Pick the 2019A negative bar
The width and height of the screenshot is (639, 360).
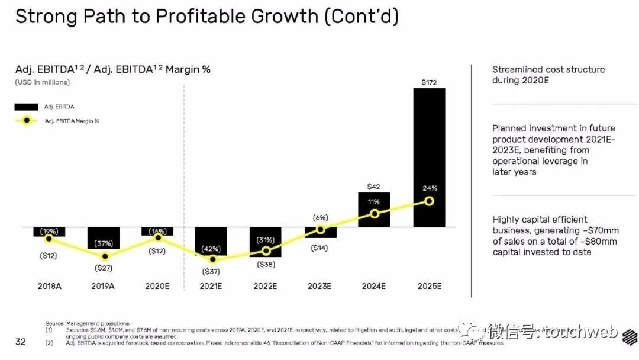click(104, 237)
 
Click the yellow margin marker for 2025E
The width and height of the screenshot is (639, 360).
click(429, 201)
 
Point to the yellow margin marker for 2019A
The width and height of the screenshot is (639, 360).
click(105, 256)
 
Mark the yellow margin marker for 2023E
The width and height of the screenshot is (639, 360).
click(321, 229)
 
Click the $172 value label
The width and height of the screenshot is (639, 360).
click(429, 82)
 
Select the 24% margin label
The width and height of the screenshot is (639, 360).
click(430, 188)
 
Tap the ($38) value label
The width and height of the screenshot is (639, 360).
click(266, 265)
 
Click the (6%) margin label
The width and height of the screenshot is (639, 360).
click(321, 217)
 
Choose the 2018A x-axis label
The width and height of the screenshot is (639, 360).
click(49, 286)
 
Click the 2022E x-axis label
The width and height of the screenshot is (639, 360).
click(265, 286)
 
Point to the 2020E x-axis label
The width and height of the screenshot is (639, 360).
click(157, 286)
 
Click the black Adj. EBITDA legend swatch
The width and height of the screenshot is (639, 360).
click(26, 107)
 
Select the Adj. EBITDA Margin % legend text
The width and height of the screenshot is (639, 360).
click(72, 121)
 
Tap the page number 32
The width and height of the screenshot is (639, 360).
click(20, 342)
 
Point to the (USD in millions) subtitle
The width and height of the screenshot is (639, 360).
click(42, 82)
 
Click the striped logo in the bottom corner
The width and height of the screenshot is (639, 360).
click(629, 336)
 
